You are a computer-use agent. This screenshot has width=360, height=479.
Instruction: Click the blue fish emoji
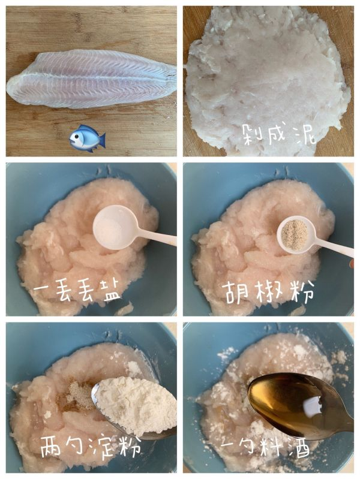click(87, 138)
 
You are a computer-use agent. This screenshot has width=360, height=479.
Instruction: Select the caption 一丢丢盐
click(77, 292)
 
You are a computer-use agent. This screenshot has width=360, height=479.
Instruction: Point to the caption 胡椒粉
click(269, 292)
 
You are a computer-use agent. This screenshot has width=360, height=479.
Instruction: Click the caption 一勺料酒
click(269, 448)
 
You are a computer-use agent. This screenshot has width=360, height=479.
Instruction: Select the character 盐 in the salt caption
click(109, 292)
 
